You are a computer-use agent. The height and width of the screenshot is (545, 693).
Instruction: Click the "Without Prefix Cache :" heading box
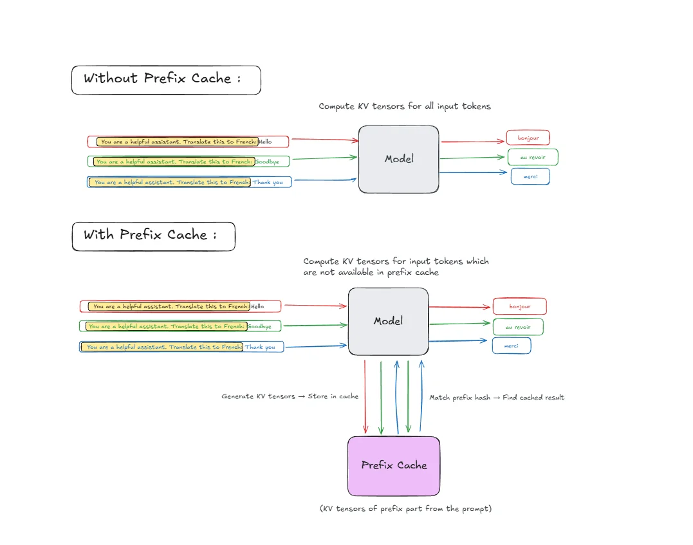166,80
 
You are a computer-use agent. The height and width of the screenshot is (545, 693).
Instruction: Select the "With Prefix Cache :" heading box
153,236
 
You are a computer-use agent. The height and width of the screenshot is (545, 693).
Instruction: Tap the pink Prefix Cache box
394,465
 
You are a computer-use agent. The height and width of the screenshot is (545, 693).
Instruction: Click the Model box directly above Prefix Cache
388,321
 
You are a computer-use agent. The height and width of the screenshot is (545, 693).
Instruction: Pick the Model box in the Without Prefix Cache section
398,159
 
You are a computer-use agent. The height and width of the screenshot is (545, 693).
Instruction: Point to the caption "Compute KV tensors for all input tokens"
404,106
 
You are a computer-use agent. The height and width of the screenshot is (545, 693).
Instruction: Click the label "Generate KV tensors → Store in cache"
290,396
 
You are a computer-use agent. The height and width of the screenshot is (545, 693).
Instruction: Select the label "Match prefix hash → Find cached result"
496,398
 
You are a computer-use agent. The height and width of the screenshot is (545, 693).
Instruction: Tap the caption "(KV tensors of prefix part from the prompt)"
405,508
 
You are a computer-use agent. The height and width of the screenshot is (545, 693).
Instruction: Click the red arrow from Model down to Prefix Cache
365,396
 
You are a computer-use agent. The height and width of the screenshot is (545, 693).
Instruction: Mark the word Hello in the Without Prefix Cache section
266,142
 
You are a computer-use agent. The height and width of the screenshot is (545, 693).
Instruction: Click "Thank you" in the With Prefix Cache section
261,347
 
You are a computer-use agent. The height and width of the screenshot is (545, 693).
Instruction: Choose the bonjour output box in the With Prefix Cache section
519,306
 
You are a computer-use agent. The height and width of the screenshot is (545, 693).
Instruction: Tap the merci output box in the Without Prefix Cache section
530,176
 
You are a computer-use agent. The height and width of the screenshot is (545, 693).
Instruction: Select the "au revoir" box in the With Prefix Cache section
517,327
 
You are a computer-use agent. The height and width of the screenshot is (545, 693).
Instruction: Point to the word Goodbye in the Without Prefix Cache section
267,162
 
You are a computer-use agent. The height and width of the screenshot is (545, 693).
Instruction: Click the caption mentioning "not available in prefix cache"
396,266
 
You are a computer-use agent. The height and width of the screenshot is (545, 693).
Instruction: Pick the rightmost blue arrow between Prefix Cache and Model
421,396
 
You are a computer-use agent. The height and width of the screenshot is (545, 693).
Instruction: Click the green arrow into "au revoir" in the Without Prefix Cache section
472,156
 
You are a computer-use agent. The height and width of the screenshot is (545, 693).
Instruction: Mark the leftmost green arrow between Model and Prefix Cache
382,396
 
